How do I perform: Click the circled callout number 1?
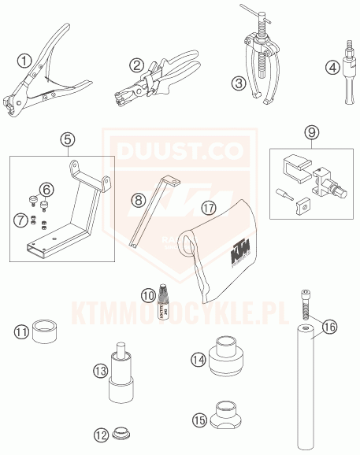click(25, 59)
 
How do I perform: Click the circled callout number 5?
click(68, 141)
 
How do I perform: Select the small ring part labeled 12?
click(121, 433)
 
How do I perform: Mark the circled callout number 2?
click(137, 65)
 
